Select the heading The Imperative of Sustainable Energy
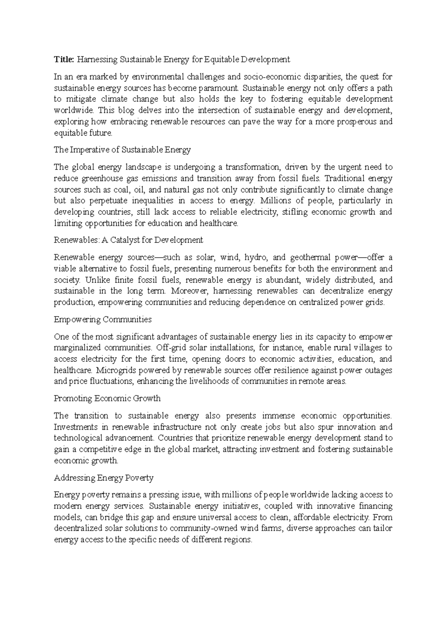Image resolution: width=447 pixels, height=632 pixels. point(122,150)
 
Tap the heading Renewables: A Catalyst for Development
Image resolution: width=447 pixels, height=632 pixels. point(128,240)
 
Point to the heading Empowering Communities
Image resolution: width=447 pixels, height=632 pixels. point(102,319)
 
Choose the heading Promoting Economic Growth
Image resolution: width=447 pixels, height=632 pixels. point(107,398)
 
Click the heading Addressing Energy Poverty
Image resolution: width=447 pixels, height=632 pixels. point(104,478)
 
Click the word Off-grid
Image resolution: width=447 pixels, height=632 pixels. point(172,348)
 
